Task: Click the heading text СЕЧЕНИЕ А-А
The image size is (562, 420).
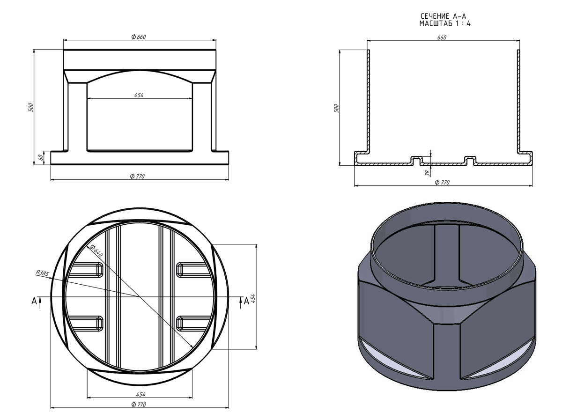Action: tap(444, 16)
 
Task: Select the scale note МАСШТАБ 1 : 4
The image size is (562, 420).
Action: tap(445, 23)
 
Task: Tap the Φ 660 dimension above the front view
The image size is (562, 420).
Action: tap(139, 37)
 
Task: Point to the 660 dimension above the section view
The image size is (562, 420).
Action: tap(442, 37)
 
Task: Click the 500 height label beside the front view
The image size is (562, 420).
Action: tap(31, 107)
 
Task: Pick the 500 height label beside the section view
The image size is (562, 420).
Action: tap(336, 108)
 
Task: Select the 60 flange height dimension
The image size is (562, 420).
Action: tap(41, 157)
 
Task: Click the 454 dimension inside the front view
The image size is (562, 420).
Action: tap(139, 95)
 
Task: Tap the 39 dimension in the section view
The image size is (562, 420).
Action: tap(427, 173)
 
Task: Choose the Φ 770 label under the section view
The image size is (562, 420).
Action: tap(442, 182)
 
